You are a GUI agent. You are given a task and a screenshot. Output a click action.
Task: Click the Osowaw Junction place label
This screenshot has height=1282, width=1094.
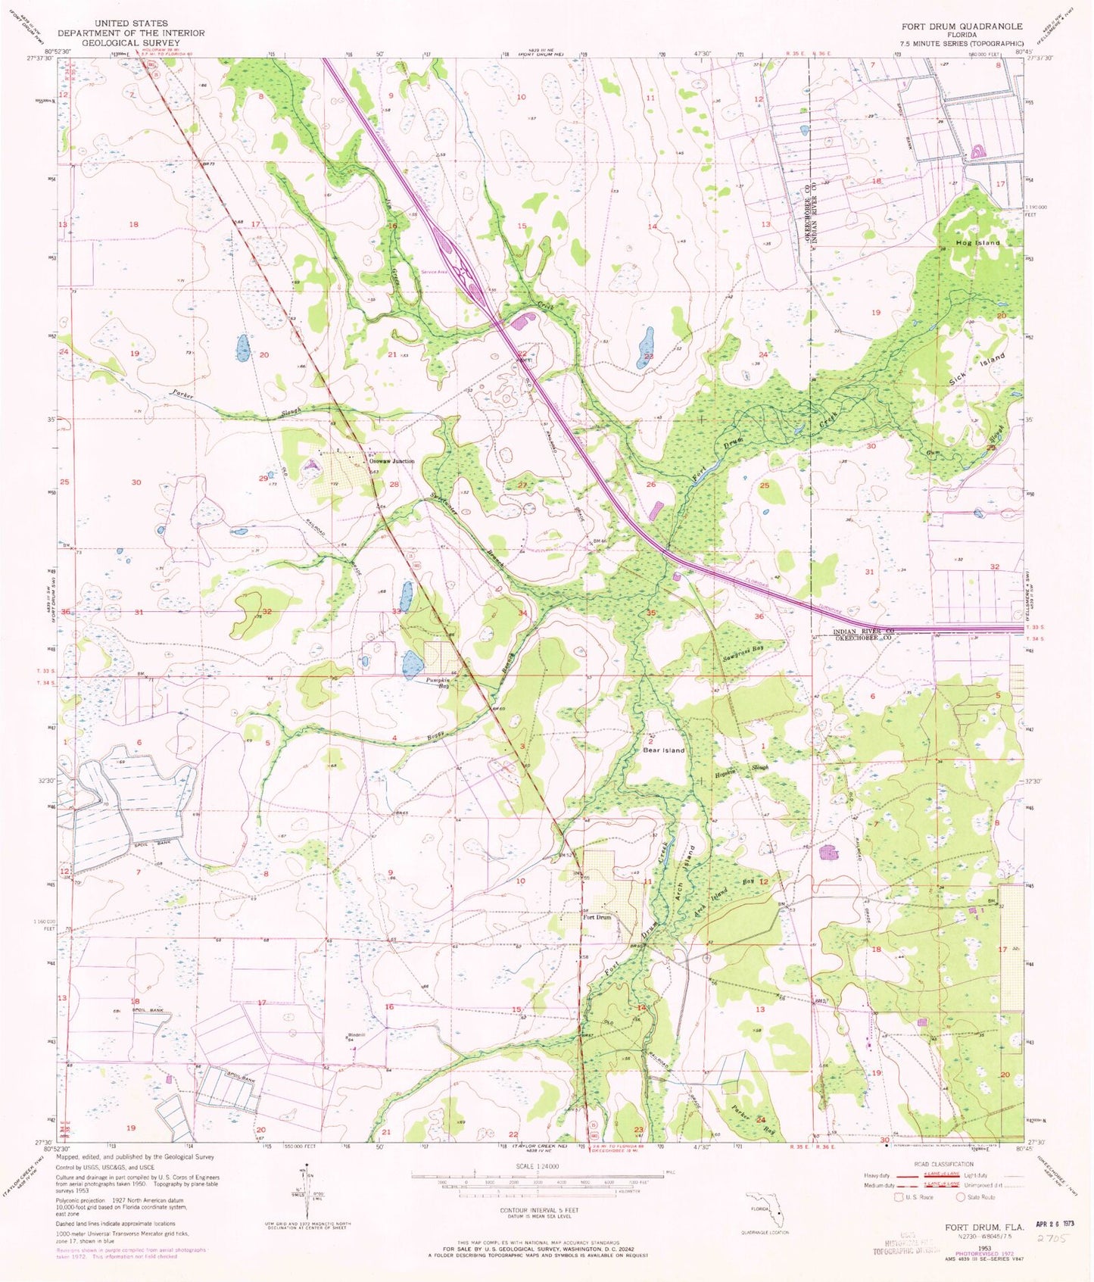(x=391, y=460)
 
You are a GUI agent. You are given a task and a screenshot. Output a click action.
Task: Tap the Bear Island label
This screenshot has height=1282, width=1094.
(x=663, y=750)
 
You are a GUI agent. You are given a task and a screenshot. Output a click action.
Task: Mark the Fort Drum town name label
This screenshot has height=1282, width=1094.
(x=597, y=917)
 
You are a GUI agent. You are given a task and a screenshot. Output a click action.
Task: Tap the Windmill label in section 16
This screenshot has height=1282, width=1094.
(x=357, y=1035)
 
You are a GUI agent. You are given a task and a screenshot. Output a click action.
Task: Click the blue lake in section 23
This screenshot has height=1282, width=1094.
(x=645, y=347)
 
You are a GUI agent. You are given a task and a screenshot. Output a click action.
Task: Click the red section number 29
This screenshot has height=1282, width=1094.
(x=263, y=479)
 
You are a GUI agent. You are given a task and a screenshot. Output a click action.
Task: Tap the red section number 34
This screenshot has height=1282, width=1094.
(x=522, y=612)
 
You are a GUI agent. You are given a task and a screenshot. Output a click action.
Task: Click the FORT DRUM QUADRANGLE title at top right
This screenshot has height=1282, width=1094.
(x=961, y=26)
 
